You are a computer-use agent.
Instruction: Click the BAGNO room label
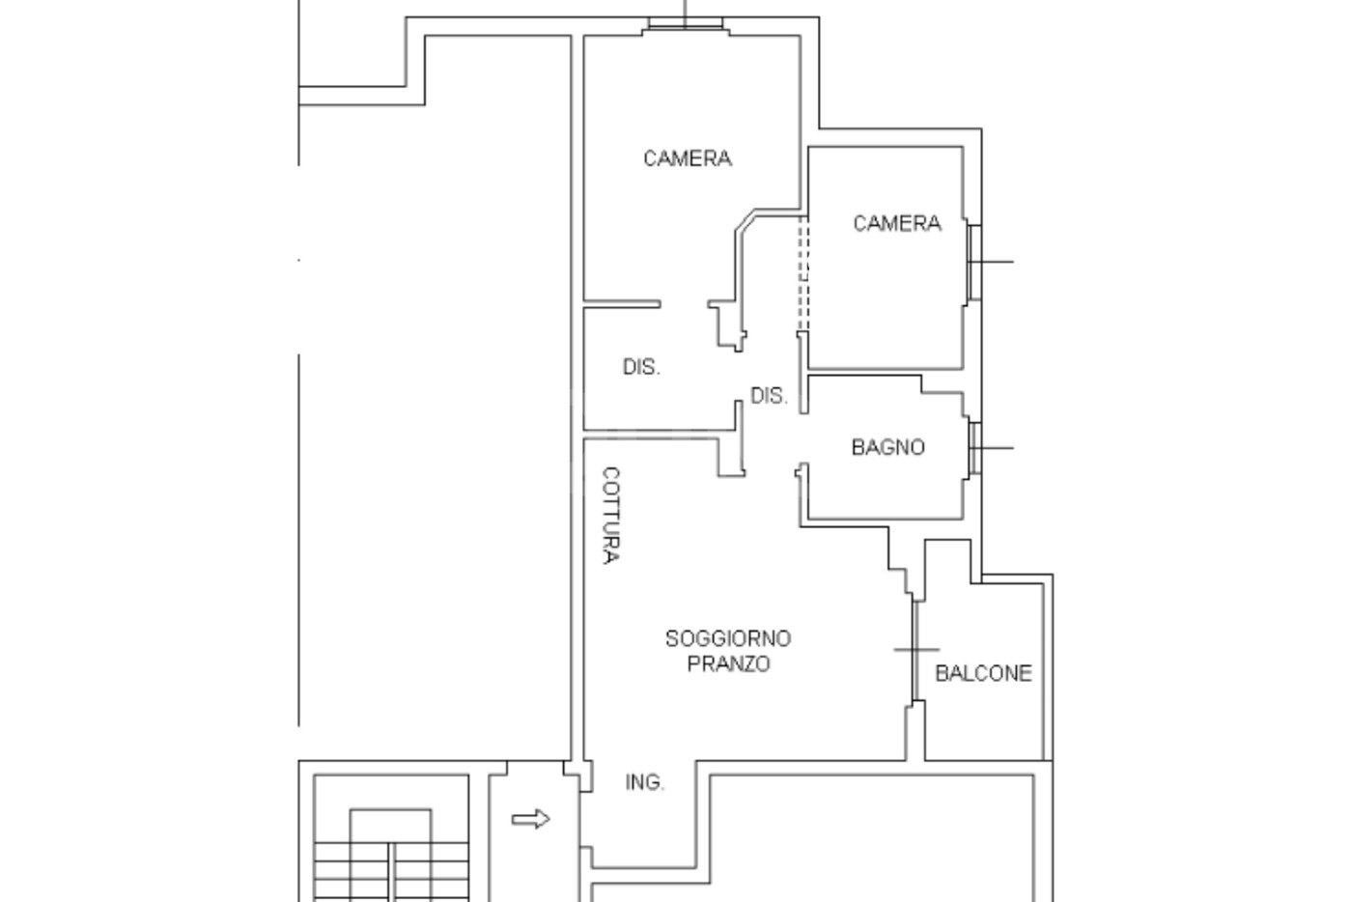click(x=887, y=447)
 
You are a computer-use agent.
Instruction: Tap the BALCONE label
click(x=983, y=673)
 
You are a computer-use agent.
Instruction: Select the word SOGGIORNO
click(x=728, y=638)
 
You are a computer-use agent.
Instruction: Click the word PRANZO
click(x=729, y=664)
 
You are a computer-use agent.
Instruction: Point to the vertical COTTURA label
click(x=610, y=515)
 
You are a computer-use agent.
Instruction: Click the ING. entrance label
click(x=644, y=782)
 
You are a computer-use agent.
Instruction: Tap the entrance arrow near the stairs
click(x=530, y=819)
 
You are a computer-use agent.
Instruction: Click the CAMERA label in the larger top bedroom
click(x=687, y=158)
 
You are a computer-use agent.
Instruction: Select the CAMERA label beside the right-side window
click(x=897, y=223)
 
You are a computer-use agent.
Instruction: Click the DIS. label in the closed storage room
click(x=641, y=367)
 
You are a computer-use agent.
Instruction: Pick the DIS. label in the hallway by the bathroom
click(x=769, y=396)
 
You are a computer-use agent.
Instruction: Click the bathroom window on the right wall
click(x=974, y=448)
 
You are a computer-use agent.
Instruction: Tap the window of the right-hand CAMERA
click(x=974, y=262)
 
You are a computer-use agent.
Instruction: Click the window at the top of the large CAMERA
click(x=686, y=23)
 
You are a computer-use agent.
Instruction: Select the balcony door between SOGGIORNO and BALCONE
click(x=915, y=651)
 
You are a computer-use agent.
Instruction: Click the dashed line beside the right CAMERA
click(x=803, y=273)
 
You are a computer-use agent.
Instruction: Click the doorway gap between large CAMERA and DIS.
click(x=684, y=304)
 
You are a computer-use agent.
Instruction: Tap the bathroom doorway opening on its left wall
click(x=803, y=438)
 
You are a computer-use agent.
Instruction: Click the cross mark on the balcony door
click(x=916, y=650)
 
